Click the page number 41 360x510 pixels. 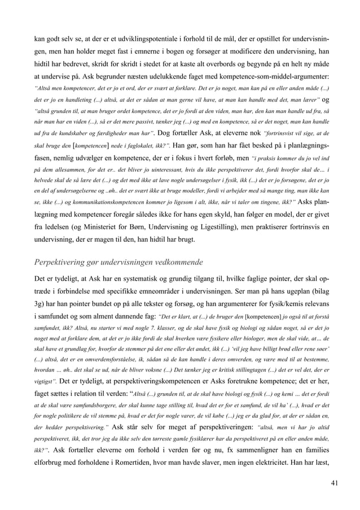pos(335,484)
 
